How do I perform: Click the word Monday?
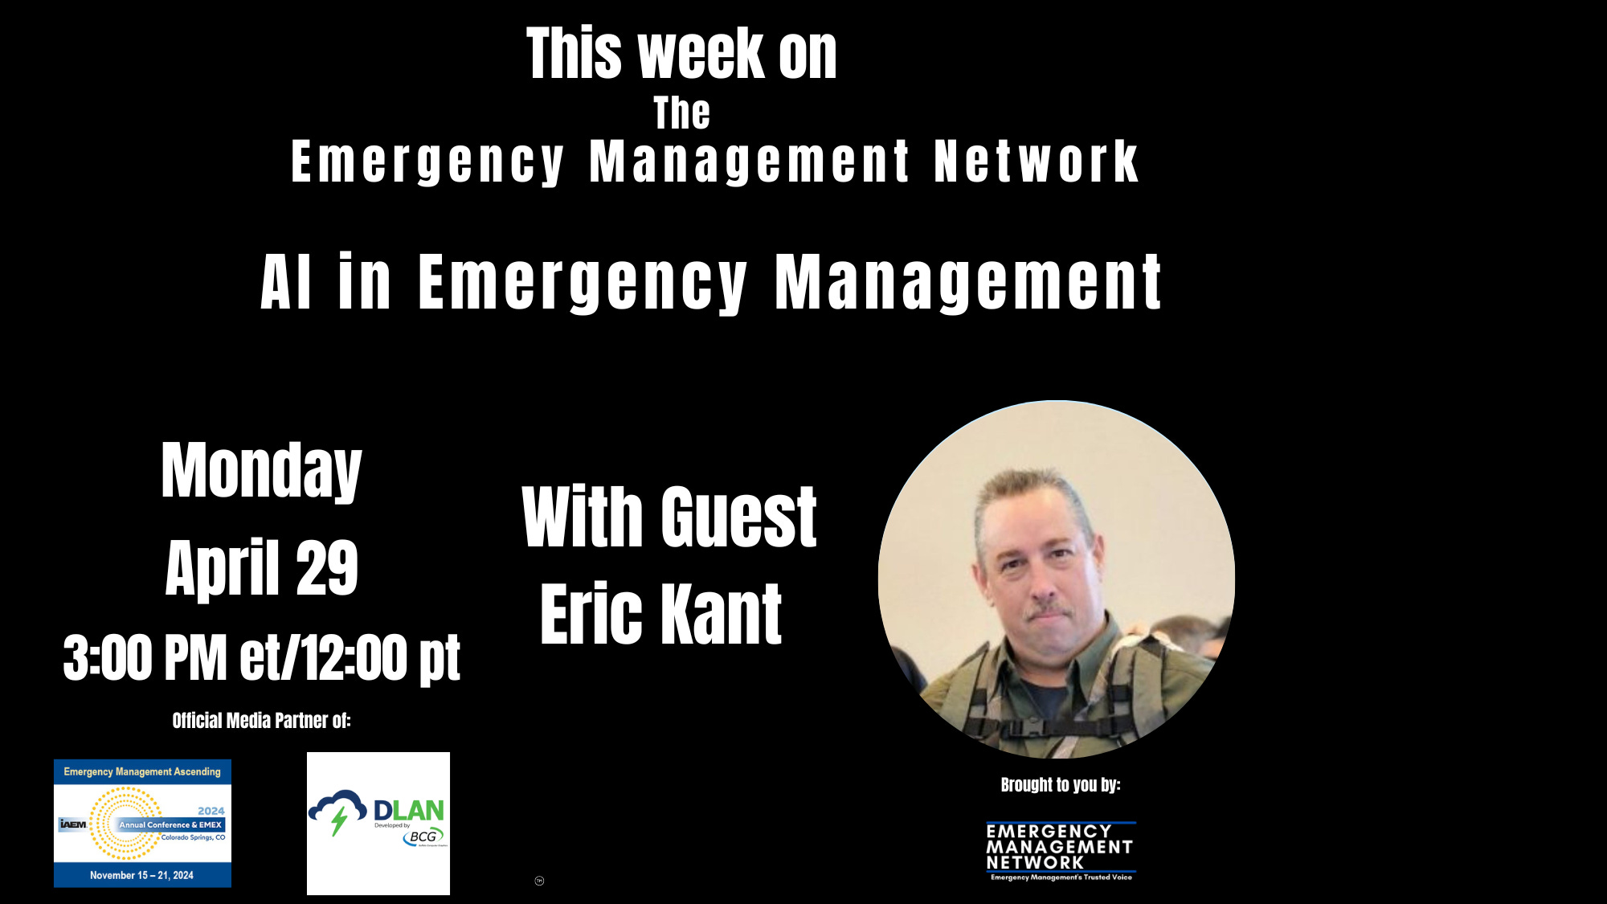coord(261,471)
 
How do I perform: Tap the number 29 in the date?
coord(327,568)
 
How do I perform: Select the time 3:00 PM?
coord(145,657)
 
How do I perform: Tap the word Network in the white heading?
coord(1036,162)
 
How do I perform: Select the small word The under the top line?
coord(681,112)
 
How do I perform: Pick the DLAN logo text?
coord(408,810)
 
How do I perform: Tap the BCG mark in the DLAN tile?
coord(423,837)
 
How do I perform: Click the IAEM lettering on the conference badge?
coord(73,824)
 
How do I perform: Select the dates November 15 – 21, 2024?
coord(141,875)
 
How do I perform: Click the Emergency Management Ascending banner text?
coord(142,771)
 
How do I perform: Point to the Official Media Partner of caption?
coord(261,720)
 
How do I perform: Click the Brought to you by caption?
coord(1060,784)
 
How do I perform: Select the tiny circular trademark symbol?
coord(539,881)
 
